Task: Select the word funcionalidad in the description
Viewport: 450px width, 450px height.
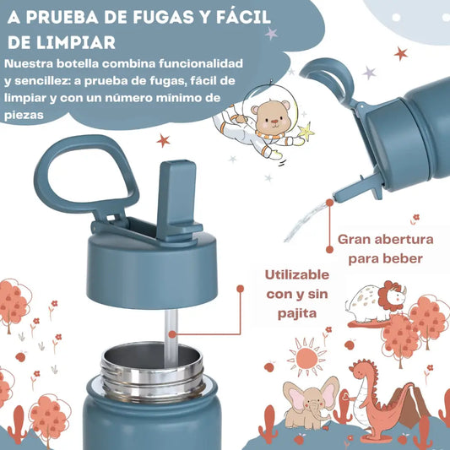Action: pyautogui.click(x=201, y=63)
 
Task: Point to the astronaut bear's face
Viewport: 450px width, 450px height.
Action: pyautogui.click(x=272, y=117)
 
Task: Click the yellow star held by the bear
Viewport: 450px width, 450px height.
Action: pyautogui.click(x=306, y=131)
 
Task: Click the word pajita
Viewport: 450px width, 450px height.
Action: pyautogui.click(x=297, y=314)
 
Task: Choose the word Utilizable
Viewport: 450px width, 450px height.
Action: pyautogui.click(x=297, y=275)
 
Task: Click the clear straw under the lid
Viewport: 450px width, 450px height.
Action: pyautogui.click(x=171, y=337)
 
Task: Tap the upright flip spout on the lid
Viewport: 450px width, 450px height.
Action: pyautogui.click(x=178, y=201)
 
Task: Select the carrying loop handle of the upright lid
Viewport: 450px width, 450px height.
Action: pyautogui.click(x=86, y=175)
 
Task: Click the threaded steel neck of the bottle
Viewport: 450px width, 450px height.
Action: pyautogui.click(x=153, y=373)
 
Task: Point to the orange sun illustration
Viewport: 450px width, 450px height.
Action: pyautogui.click(x=306, y=357)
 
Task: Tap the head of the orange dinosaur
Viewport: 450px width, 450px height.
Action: pyautogui.click(x=362, y=371)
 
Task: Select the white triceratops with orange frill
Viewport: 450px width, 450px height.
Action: pyautogui.click(x=376, y=301)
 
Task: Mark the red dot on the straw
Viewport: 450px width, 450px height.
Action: pyautogui.click(x=172, y=334)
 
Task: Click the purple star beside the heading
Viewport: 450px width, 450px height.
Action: pyautogui.click(x=271, y=34)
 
